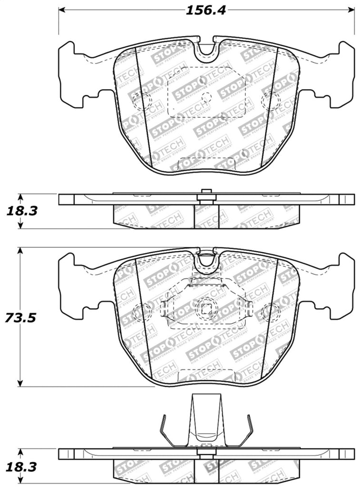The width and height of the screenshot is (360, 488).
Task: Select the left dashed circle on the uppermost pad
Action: click(141, 101)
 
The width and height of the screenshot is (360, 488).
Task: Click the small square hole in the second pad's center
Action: click(206, 308)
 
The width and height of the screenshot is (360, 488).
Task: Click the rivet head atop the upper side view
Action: click(206, 192)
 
